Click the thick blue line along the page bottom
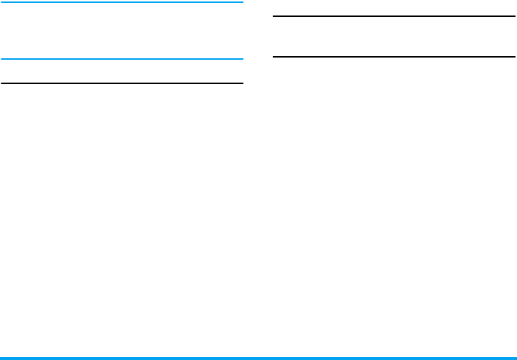click(258, 359)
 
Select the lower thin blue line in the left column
click(122, 59)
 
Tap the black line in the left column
click(122, 83)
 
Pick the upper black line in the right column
click(394, 16)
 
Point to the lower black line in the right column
click(394, 56)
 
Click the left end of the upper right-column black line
click(274, 16)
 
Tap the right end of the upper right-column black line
click(514, 16)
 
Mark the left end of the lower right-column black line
click(274, 56)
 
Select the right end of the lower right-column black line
click(514, 56)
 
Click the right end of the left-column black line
click(242, 83)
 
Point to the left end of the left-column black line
click(2, 83)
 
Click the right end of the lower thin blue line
click(242, 59)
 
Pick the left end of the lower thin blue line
click(2, 59)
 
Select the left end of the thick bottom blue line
click(2, 359)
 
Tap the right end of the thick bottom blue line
click(515, 359)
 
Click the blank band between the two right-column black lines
click(394, 36)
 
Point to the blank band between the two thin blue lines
click(122, 30)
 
